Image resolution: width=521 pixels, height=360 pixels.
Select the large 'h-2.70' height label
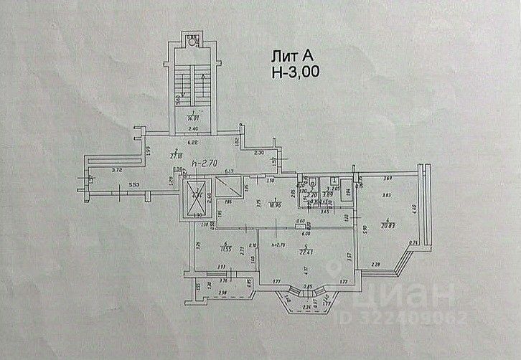[x=205, y=164]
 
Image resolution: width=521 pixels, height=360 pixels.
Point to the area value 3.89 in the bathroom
[x=327, y=194]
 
